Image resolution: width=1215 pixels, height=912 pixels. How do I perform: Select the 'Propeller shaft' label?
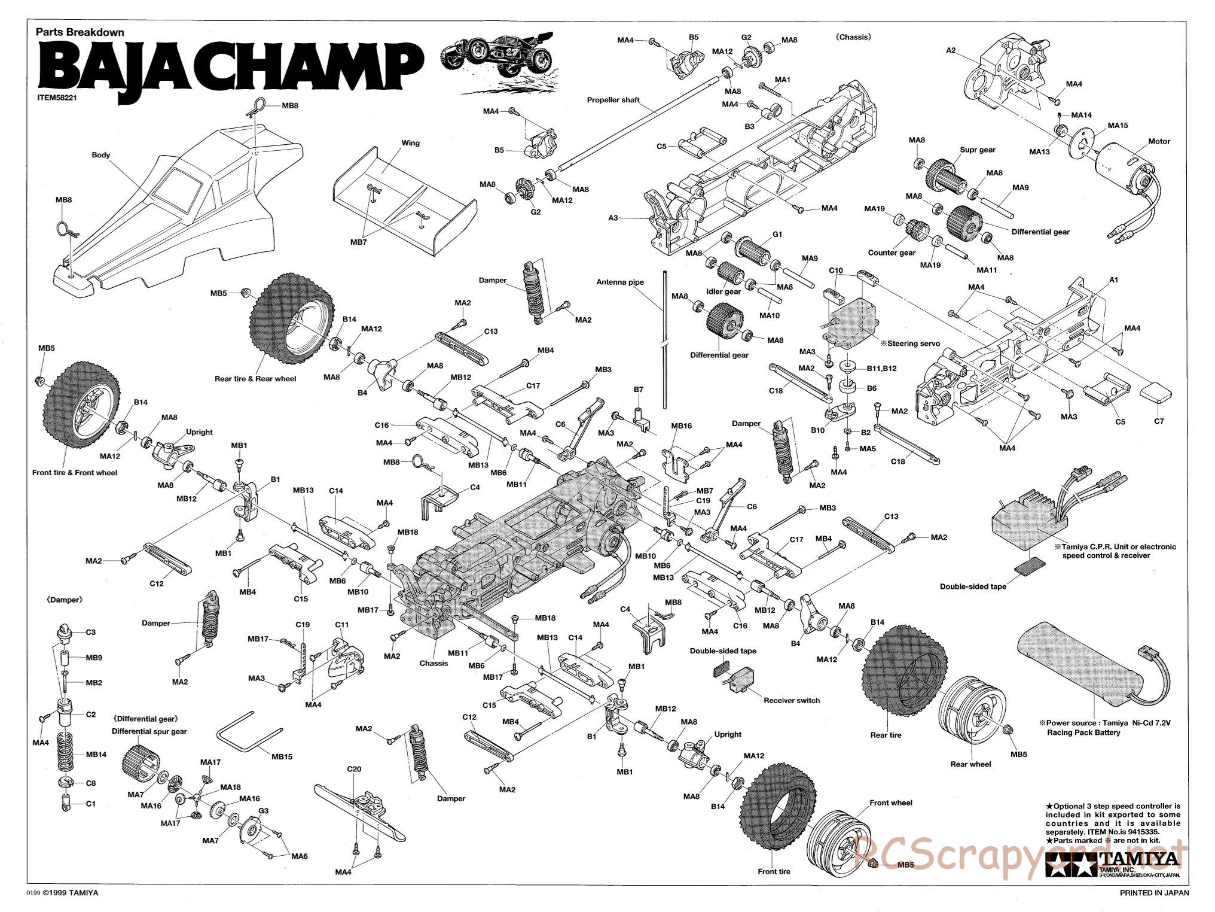pyautogui.click(x=613, y=100)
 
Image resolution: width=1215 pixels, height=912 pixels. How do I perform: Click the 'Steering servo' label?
pyautogui.click(x=913, y=343)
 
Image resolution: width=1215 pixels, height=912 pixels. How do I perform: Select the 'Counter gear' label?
pyautogui.click(x=892, y=253)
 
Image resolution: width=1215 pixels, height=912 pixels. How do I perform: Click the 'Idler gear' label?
pyautogui.click(x=723, y=291)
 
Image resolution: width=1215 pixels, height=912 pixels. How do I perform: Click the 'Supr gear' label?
pyautogui.click(x=978, y=150)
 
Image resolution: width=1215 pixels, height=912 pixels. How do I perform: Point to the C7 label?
pyautogui.click(x=1159, y=421)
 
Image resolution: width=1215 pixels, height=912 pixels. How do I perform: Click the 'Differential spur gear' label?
pyautogui.click(x=149, y=731)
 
